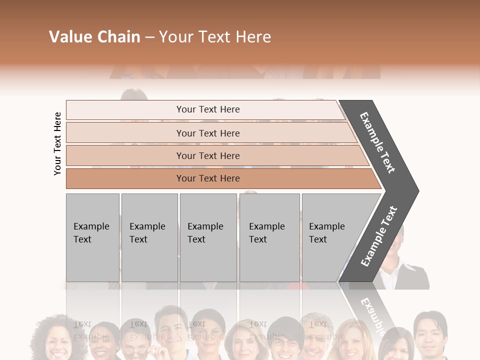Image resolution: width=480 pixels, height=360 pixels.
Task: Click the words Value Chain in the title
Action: pyautogui.click(x=94, y=37)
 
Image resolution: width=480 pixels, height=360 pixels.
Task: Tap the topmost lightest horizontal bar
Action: pyautogui.click(x=207, y=109)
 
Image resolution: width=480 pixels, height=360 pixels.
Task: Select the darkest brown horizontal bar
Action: pyautogui.click(x=207, y=178)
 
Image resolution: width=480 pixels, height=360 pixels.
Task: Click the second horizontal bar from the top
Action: pyautogui.click(x=207, y=133)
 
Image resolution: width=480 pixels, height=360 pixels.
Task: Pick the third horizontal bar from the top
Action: pyautogui.click(x=207, y=155)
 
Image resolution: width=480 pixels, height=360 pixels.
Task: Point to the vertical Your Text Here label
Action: pyautogui.click(x=57, y=143)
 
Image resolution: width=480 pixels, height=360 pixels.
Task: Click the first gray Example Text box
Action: pyautogui.click(x=92, y=237)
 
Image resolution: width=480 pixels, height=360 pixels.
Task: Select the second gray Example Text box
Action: pyautogui.click(x=149, y=237)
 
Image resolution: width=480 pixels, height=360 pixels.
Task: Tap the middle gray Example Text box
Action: pyautogui.click(x=208, y=237)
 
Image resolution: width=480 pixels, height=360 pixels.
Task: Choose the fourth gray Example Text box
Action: pyautogui.click(x=269, y=237)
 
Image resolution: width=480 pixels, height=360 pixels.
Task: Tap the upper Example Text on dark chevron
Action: pyautogui.click(x=377, y=142)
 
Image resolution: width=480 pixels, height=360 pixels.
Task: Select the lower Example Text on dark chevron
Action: pyautogui.click(x=378, y=236)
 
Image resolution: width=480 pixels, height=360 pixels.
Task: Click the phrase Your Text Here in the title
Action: pyautogui.click(x=215, y=37)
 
